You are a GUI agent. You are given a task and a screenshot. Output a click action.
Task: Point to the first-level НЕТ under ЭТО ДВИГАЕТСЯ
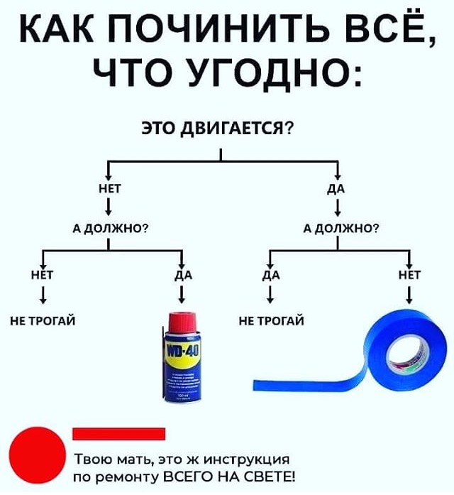click(x=109, y=189)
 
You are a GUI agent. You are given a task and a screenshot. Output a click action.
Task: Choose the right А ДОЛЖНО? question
click(x=339, y=228)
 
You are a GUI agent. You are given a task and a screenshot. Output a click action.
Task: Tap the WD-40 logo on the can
click(x=184, y=351)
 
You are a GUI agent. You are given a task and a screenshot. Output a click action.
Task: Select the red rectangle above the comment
click(x=118, y=433)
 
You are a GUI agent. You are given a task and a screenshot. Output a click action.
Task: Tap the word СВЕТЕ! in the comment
click(x=269, y=475)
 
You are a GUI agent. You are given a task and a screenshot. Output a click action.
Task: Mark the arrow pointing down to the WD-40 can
click(x=183, y=293)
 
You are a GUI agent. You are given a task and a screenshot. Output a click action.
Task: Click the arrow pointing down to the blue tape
click(x=411, y=293)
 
